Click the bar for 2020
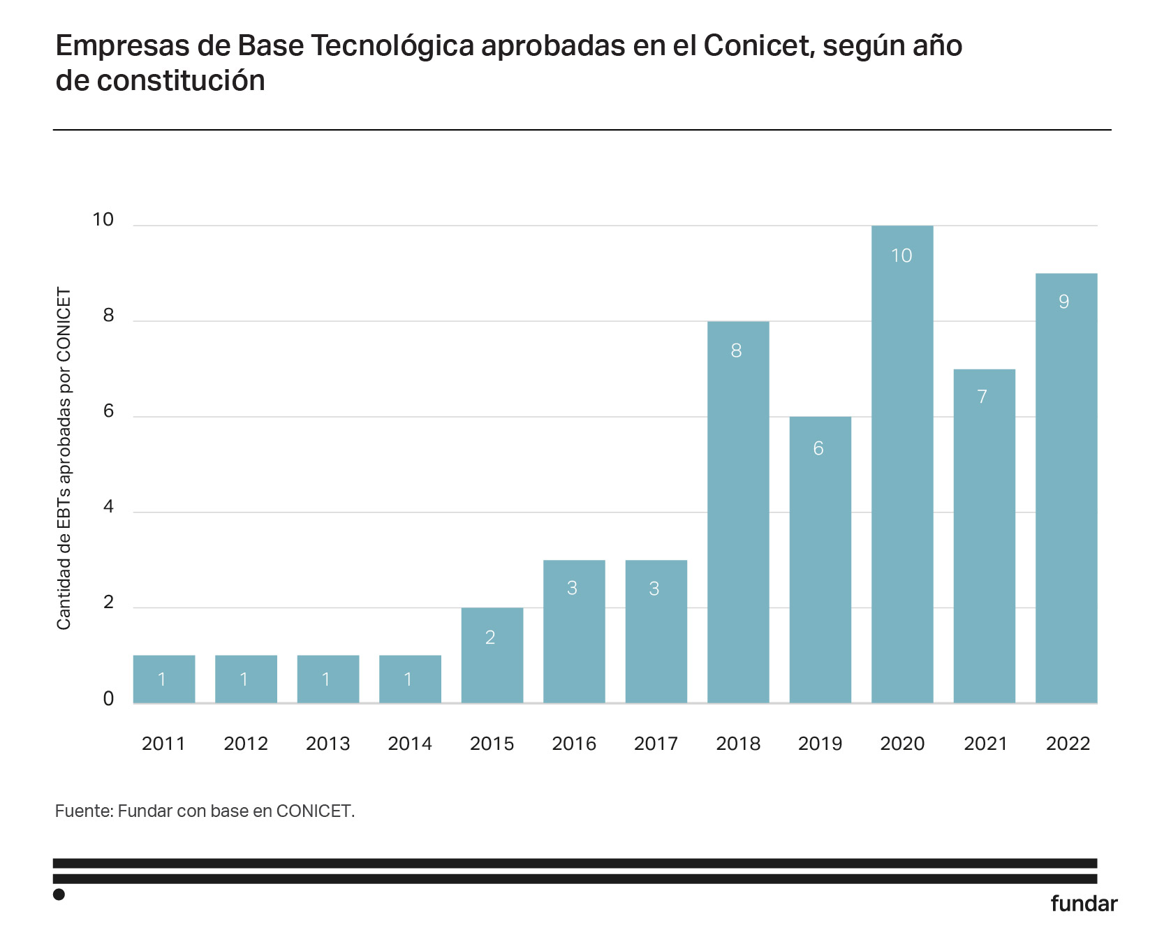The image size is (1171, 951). [x=902, y=464]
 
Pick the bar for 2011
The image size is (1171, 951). [x=164, y=679]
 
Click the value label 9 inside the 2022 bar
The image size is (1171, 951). [x=1063, y=302]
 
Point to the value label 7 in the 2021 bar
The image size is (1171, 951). [x=982, y=397]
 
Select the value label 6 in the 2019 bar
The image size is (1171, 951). [x=818, y=448]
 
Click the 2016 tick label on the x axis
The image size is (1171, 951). [x=574, y=744]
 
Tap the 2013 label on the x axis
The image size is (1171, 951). [x=328, y=744]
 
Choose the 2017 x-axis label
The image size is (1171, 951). [x=656, y=744]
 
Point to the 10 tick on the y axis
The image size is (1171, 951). [x=103, y=220]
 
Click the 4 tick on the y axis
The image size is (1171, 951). [x=108, y=507]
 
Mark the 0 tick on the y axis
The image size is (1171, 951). [x=108, y=699]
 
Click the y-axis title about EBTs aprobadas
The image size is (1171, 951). [x=64, y=459]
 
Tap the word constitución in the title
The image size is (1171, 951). [x=181, y=81]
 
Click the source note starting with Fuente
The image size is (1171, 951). [x=205, y=811]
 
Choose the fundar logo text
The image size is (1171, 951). [x=1084, y=904]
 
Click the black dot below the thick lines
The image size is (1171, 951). [x=59, y=894]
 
